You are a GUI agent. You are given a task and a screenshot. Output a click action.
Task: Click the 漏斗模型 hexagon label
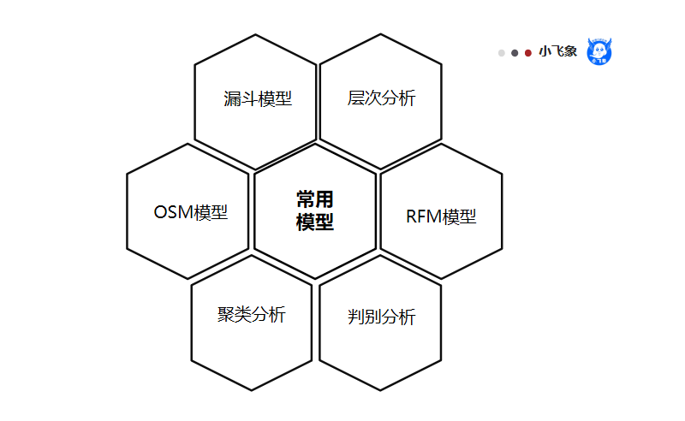click(258, 99)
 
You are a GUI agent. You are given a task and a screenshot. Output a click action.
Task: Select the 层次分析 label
click(381, 98)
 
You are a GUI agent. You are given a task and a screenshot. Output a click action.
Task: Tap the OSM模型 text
click(191, 212)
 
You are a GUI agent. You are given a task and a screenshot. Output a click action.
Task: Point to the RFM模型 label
click(441, 216)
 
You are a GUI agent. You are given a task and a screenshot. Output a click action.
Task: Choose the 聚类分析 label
click(251, 314)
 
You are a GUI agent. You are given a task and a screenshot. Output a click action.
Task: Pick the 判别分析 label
click(381, 317)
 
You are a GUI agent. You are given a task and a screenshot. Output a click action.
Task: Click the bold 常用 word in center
click(314, 199)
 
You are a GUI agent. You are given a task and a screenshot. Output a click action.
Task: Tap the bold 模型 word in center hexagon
click(314, 222)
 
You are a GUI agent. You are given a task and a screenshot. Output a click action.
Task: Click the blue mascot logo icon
click(599, 51)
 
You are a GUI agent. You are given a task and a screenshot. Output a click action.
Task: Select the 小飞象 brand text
click(557, 52)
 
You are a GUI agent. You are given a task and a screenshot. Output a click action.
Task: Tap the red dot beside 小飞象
click(528, 53)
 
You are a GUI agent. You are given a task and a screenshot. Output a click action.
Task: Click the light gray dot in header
click(502, 53)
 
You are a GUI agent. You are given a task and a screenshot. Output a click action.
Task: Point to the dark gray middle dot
click(515, 53)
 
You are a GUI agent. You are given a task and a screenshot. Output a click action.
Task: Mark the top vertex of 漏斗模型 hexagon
click(255, 34)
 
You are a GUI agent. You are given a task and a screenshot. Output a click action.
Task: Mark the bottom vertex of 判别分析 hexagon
click(380, 391)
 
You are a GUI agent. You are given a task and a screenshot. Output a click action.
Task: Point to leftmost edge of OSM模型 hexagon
click(127, 211)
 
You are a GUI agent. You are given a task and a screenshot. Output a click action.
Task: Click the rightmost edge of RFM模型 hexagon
click(503, 211)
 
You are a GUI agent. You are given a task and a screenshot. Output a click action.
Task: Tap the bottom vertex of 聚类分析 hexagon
click(251, 391)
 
